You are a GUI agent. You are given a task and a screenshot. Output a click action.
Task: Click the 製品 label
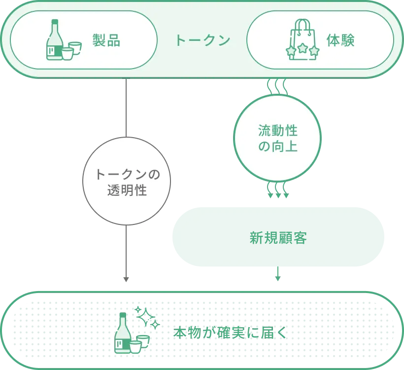point(106,40)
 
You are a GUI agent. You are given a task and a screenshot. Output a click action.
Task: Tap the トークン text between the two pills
point(202,40)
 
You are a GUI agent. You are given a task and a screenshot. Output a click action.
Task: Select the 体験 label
point(340,40)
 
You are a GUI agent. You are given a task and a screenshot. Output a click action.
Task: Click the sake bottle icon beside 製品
point(54,40)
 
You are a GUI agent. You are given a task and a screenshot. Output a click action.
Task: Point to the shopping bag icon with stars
point(303,39)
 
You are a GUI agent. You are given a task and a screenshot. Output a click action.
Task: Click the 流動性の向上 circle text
point(278,138)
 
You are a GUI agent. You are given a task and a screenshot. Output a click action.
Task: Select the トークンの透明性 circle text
point(127,182)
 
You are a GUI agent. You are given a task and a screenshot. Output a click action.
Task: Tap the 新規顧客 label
point(278,238)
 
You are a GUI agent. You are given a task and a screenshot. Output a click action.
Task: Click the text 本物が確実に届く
point(230,333)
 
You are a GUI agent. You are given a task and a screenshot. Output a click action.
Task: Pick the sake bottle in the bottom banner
point(123,333)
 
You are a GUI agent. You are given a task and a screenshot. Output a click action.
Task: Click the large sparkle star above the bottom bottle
point(145,317)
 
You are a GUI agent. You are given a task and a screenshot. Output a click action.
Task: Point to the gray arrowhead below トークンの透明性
point(126,279)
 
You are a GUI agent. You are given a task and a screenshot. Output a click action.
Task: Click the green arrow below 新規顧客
point(278,273)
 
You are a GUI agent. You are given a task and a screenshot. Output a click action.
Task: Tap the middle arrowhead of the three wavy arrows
point(278,195)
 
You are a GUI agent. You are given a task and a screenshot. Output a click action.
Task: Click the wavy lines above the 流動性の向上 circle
point(277,87)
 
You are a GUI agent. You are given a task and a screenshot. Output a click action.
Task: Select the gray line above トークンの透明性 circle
point(126,108)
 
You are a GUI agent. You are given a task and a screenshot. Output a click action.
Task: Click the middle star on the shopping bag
point(302,48)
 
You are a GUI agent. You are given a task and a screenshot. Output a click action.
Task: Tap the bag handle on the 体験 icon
point(303,25)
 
